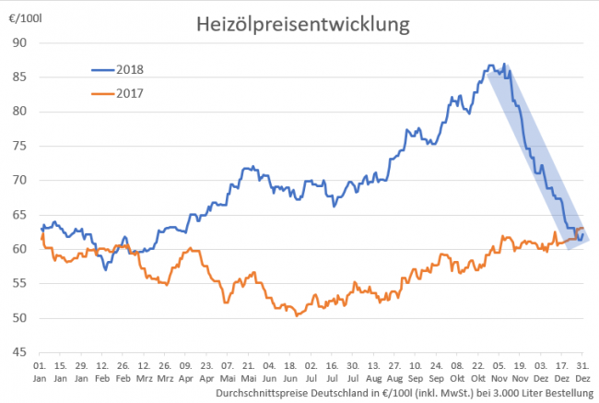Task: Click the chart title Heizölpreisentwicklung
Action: pyautogui.click(x=302, y=25)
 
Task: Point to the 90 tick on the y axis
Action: pyautogui.click(x=19, y=42)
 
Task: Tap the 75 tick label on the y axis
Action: pyautogui.click(x=19, y=146)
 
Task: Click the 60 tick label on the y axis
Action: pyautogui.click(x=19, y=249)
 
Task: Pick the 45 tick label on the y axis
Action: pyautogui.click(x=19, y=352)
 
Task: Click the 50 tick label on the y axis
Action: pyautogui.click(x=19, y=318)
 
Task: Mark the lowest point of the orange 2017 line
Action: pyautogui.click(x=296, y=315)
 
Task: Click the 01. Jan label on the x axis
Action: pyautogui.click(x=41, y=372)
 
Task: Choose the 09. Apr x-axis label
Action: pyautogui.click(x=186, y=372)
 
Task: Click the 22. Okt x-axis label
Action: pyautogui.click(x=477, y=372)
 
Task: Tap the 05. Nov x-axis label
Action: pyautogui.click(x=499, y=372)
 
